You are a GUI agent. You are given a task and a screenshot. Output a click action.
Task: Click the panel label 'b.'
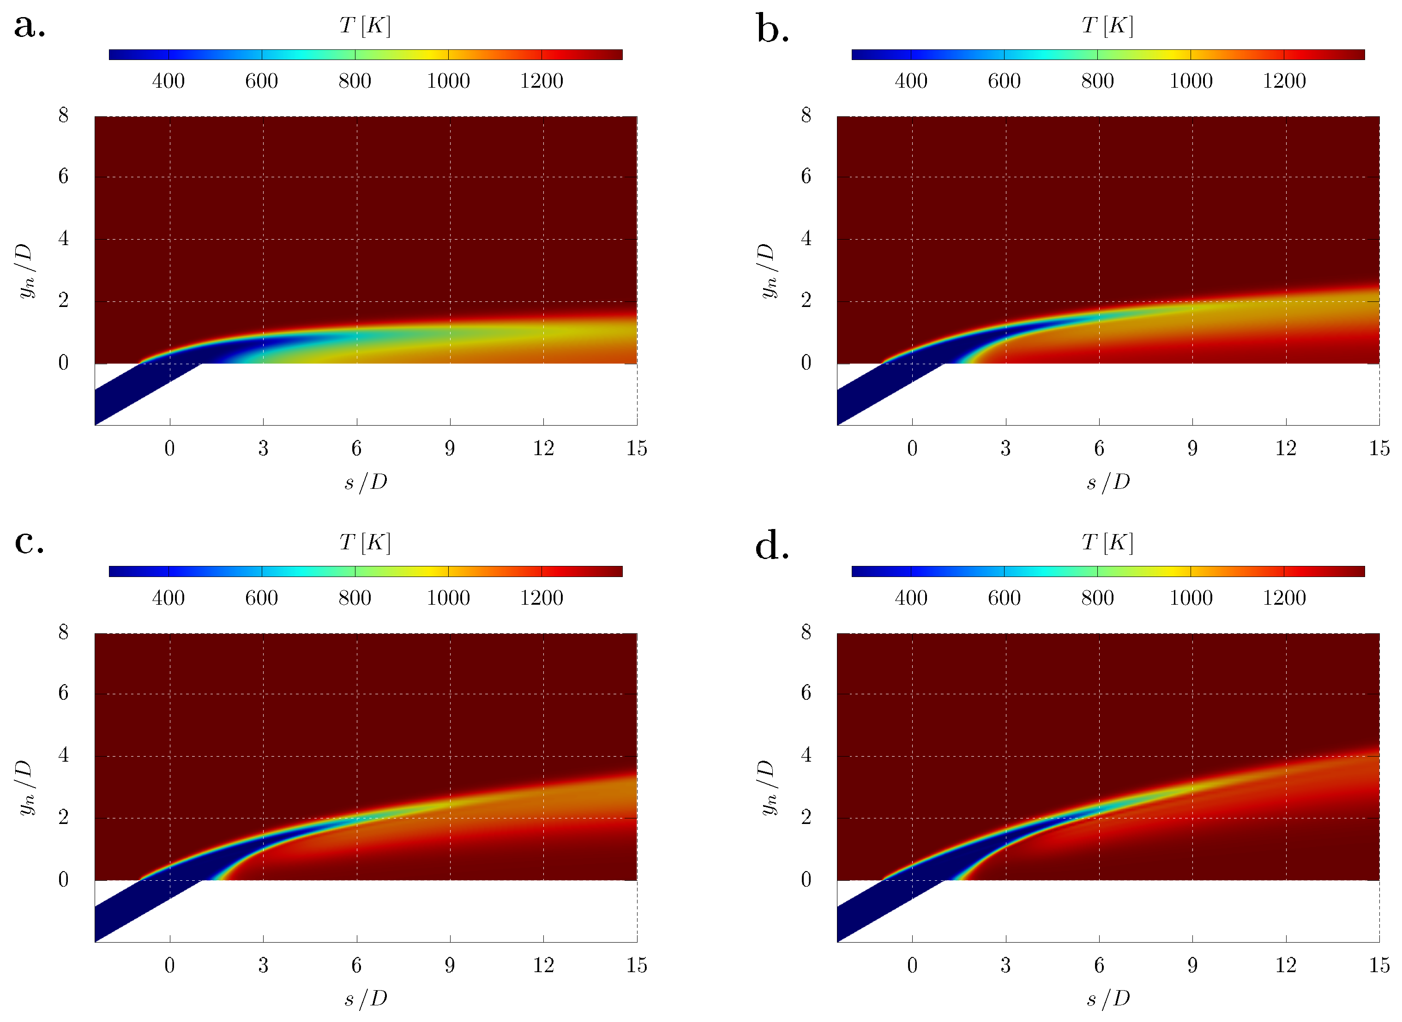coord(772,30)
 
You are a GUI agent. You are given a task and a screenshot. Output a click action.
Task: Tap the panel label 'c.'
coord(30,542)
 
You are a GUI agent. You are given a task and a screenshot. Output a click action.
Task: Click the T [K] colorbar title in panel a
coord(365,25)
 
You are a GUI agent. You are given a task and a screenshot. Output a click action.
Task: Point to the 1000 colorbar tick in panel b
coord(1191,81)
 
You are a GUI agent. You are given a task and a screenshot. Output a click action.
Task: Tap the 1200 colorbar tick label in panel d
coord(1284,598)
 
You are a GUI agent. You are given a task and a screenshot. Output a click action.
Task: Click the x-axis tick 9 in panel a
coord(450,449)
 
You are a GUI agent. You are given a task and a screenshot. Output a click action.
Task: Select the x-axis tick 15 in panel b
coord(1379,449)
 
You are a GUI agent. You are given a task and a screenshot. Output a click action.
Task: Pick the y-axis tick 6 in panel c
coord(63,692)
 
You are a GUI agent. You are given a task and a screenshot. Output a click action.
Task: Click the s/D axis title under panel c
coord(366,998)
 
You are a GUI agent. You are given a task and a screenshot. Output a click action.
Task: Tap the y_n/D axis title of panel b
coord(767,271)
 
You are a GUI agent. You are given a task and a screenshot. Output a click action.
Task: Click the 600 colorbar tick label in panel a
coord(261,81)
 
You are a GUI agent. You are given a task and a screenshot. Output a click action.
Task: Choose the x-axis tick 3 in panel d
coord(1005,965)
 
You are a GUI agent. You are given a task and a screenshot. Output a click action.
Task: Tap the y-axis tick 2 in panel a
coord(63,301)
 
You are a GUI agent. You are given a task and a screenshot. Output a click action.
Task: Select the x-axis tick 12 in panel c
coord(543,965)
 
